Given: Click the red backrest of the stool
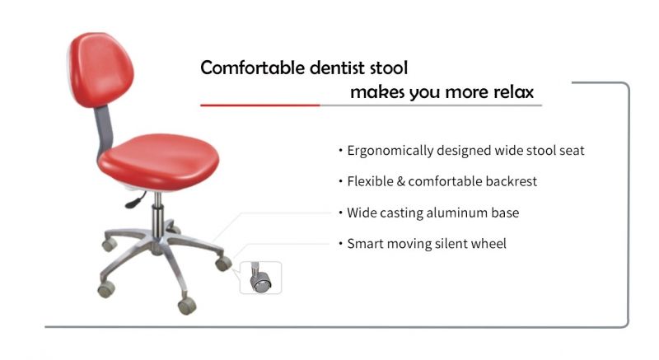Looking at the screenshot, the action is click(100, 69).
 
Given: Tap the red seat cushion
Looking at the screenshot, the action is click(158, 161).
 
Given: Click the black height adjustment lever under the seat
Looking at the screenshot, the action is click(135, 200).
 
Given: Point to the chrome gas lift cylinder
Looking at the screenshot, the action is click(157, 217).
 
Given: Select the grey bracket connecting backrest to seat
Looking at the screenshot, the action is click(104, 130).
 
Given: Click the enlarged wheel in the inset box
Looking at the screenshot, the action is click(260, 279).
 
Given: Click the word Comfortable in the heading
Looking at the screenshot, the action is click(253, 68).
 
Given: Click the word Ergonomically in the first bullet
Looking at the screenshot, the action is click(390, 151).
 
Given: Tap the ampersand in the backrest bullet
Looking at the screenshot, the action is click(400, 181).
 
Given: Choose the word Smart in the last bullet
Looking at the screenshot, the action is click(365, 244).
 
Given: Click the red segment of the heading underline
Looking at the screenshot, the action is click(260, 105).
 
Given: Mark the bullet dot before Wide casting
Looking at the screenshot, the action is click(340, 213).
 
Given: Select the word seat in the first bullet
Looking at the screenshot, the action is click(572, 151).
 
